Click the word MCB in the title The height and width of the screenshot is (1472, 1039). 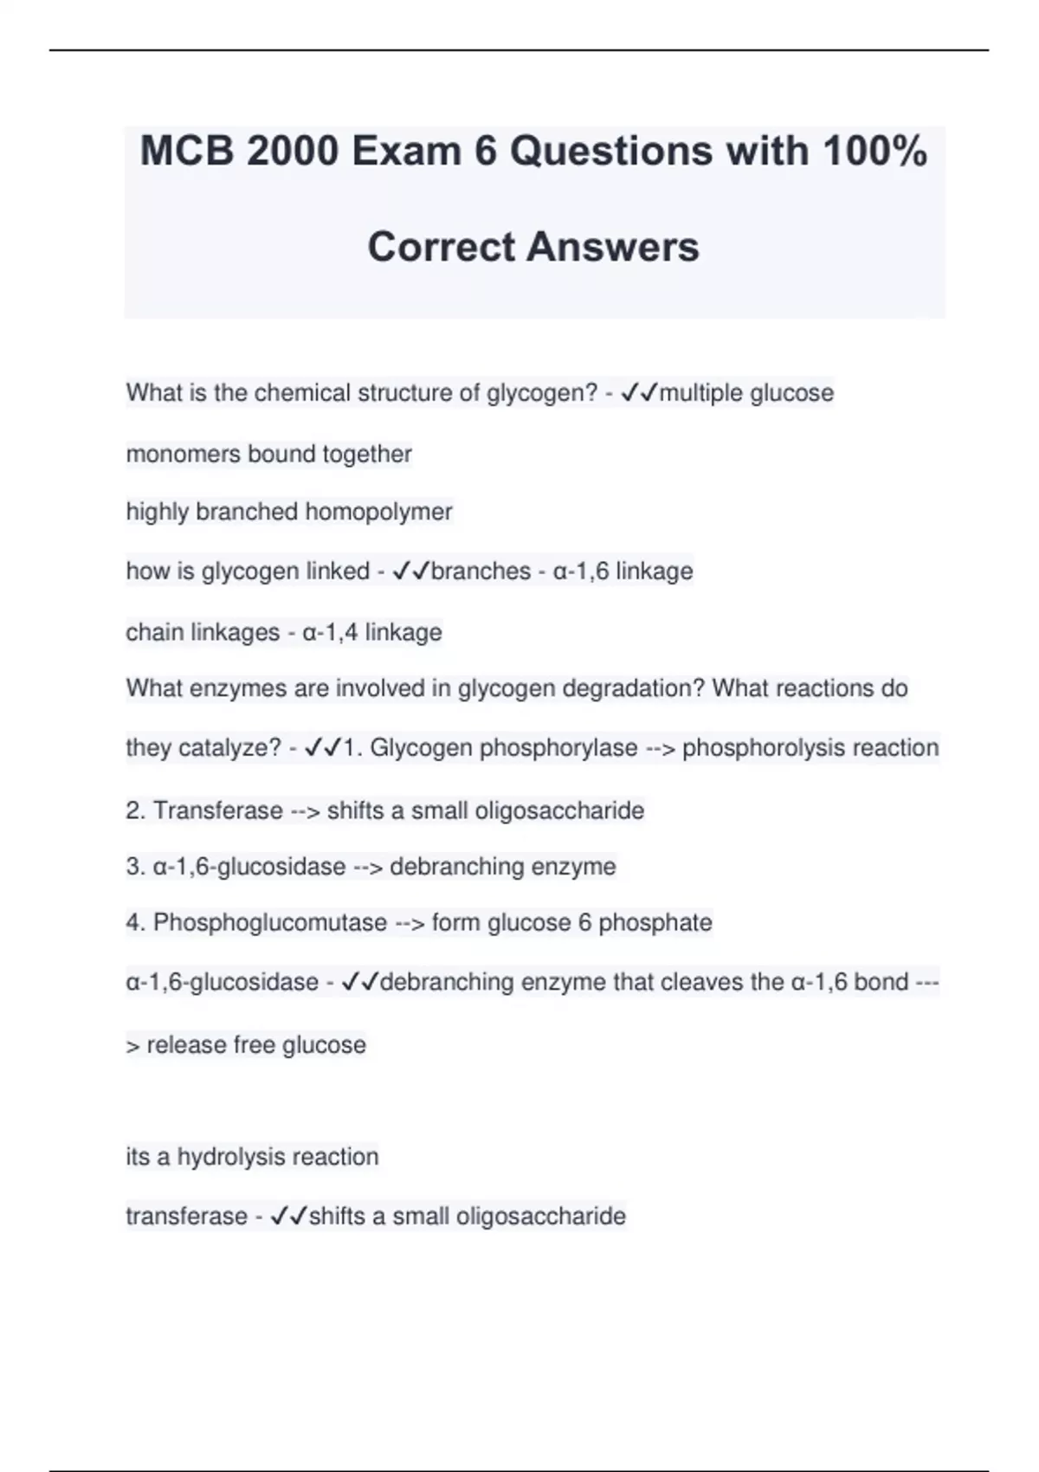pos(187,152)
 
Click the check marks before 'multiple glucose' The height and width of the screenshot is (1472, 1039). pos(640,393)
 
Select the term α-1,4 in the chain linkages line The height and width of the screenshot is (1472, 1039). pos(330,632)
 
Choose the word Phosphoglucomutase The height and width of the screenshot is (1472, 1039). pos(270,922)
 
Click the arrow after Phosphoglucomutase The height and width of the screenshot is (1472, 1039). pos(410,923)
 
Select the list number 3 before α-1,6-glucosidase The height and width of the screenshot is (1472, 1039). pos(134,867)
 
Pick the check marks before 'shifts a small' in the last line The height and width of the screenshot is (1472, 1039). pos(289,1217)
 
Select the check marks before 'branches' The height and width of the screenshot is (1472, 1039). pos(411,571)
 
